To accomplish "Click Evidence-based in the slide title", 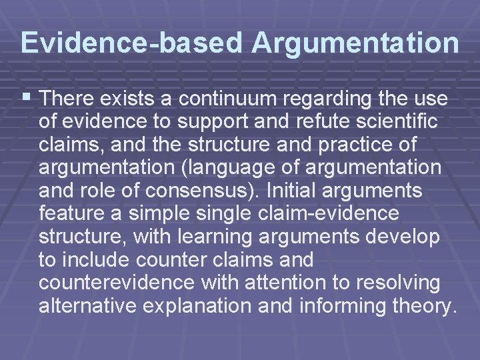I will coord(132,42).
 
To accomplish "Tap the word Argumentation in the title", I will coord(355,42).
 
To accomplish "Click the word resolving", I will coord(397,283).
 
